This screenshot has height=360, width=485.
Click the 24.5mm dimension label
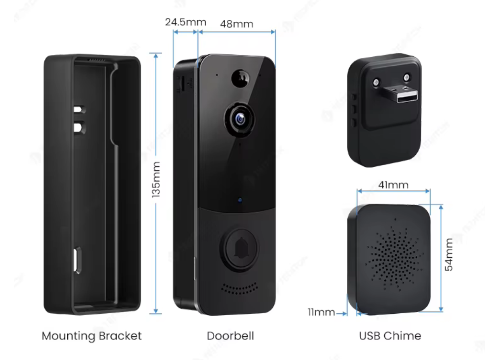pyautogui.click(x=185, y=22)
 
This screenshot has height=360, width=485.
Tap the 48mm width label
pyautogui.click(x=236, y=24)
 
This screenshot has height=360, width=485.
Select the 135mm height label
pyautogui.click(x=156, y=180)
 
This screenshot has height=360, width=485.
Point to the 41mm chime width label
pyautogui.click(x=393, y=185)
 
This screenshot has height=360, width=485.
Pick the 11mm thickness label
pyautogui.click(x=321, y=312)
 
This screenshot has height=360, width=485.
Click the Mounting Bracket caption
pyautogui.click(x=92, y=336)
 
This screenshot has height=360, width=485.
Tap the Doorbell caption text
pyautogui.click(x=230, y=336)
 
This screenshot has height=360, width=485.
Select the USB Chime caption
pyautogui.click(x=390, y=336)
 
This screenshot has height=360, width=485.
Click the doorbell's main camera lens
pyautogui.click(x=240, y=118)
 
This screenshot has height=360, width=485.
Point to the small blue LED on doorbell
pyautogui.click(x=240, y=200)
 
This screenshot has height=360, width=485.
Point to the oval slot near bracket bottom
pyautogui.click(x=76, y=260)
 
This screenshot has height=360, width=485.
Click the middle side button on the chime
pyautogui.click(x=353, y=109)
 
